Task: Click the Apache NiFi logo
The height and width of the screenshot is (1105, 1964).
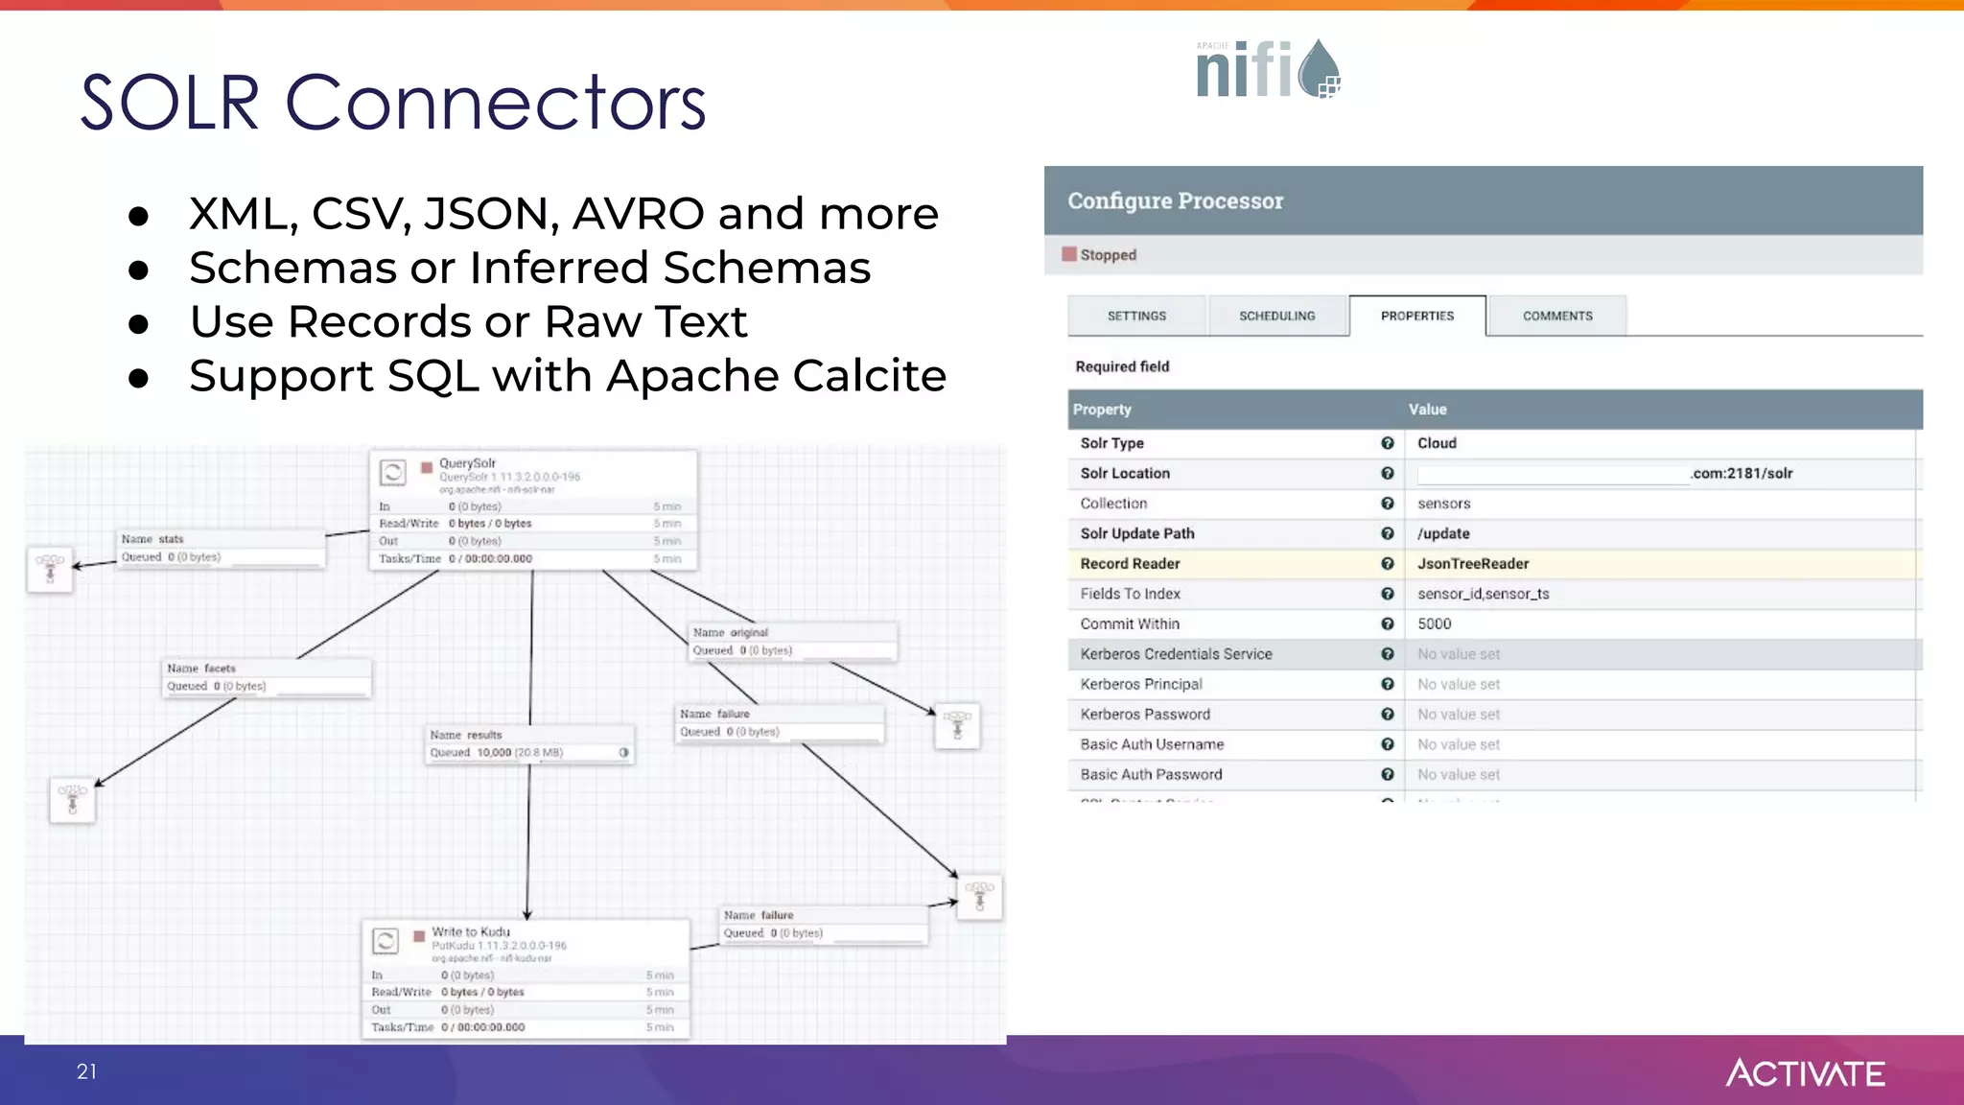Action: (x=1268, y=69)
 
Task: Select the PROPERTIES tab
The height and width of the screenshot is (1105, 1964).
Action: (x=1416, y=316)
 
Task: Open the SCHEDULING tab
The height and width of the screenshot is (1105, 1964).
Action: (x=1276, y=316)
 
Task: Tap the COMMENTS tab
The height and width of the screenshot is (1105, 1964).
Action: (x=1556, y=316)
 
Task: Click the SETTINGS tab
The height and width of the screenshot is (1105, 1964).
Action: (x=1136, y=316)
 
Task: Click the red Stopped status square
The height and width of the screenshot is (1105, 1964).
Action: (x=1069, y=254)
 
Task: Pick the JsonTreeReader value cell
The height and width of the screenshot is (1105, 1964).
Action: (x=1473, y=564)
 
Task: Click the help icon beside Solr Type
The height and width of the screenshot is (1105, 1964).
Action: (x=1387, y=443)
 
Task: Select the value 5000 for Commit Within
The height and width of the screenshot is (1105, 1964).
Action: (x=1435, y=624)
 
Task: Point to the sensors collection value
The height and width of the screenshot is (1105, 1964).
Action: (x=1443, y=504)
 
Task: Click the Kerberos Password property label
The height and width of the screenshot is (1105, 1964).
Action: (x=1145, y=715)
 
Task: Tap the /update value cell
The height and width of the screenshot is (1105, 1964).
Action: (x=1443, y=534)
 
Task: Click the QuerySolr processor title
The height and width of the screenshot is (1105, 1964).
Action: (x=467, y=463)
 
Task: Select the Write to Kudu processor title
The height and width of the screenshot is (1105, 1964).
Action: (x=471, y=931)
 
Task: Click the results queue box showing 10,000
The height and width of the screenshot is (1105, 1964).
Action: (x=528, y=744)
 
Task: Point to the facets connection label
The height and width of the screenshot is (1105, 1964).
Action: (x=201, y=669)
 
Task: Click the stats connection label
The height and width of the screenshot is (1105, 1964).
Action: (x=152, y=539)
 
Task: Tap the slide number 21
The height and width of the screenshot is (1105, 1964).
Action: (x=86, y=1071)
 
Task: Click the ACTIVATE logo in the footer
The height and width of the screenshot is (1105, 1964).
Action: (x=1805, y=1072)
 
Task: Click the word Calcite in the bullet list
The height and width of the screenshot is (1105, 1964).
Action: (x=869, y=376)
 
